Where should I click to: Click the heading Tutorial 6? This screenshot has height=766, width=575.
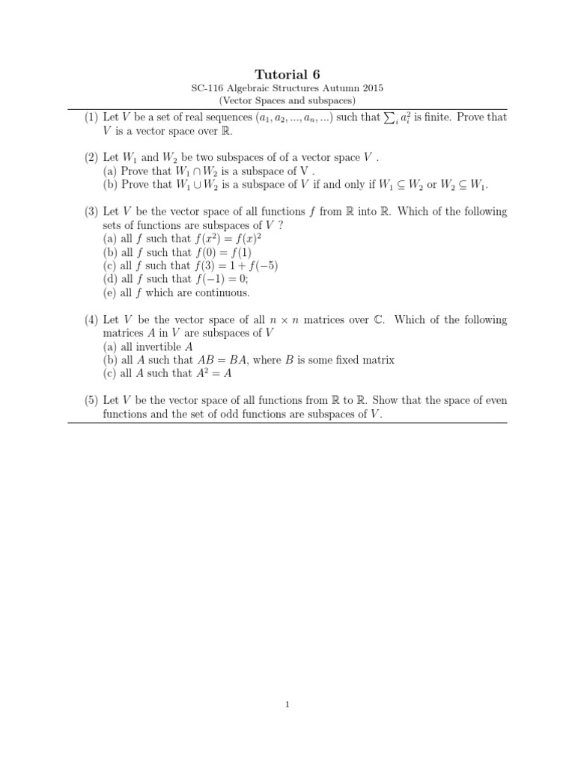(287, 73)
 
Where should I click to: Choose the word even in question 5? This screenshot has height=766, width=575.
(496, 401)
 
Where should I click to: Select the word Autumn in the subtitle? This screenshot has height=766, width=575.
(332, 88)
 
